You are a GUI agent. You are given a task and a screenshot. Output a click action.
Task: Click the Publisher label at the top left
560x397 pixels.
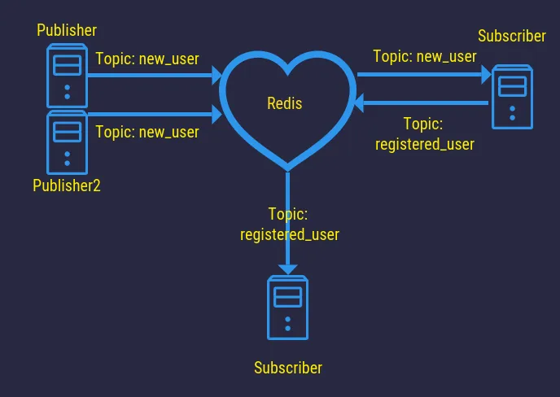(x=67, y=31)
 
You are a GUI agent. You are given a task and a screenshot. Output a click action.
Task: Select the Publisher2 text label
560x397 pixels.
(x=67, y=185)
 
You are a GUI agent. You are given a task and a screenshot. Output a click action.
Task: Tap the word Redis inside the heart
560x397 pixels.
(x=284, y=103)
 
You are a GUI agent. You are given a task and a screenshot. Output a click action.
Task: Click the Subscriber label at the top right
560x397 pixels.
(x=511, y=36)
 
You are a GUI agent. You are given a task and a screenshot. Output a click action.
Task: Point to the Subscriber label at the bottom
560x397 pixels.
(x=288, y=368)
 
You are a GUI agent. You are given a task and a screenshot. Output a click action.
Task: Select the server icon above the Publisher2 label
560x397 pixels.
(x=67, y=139)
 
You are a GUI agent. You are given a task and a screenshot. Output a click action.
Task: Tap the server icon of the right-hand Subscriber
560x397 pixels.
(x=512, y=97)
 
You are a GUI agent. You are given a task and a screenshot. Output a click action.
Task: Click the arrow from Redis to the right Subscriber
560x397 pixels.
(x=423, y=74)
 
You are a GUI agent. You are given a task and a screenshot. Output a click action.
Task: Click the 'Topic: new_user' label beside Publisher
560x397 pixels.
(x=147, y=59)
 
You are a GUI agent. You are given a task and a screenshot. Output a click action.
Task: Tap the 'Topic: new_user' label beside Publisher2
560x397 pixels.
(x=147, y=132)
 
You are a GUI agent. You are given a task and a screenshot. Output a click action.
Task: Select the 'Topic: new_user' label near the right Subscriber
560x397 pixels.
(x=424, y=56)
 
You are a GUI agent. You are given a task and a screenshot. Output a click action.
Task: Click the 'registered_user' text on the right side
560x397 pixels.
(x=424, y=144)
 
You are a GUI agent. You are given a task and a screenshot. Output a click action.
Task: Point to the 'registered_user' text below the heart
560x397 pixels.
(x=289, y=233)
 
